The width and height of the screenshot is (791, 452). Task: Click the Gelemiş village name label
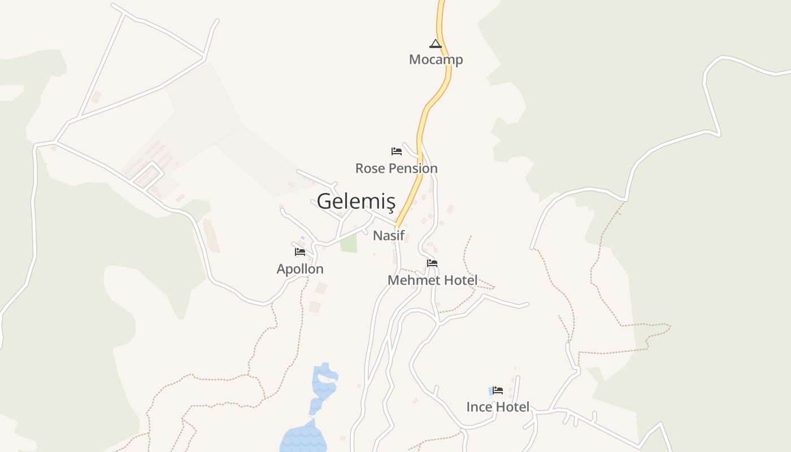coord(355,201)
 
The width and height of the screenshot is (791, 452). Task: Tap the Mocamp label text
coord(436,59)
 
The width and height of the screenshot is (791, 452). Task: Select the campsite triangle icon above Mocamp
coord(435,44)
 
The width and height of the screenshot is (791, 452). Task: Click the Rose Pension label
coord(396,168)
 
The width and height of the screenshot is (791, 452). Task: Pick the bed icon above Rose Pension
coord(397,151)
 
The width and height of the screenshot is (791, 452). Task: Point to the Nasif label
coord(389,236)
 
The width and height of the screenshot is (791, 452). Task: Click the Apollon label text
coord(300,269)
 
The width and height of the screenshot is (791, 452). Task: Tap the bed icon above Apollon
coord(300,252)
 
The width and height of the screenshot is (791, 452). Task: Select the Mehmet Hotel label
coord(432,280)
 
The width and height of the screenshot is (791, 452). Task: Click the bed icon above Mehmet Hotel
coord(432,263)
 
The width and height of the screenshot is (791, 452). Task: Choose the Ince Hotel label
coord(498,407)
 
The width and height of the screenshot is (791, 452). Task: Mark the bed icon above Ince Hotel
coord(498,390)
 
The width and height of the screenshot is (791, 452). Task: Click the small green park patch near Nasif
coord(349,244)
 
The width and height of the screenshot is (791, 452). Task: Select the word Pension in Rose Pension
coord(411,168)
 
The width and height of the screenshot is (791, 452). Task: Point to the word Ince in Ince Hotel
coord(478,407)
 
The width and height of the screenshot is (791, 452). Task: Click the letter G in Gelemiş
coord(324,201)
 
